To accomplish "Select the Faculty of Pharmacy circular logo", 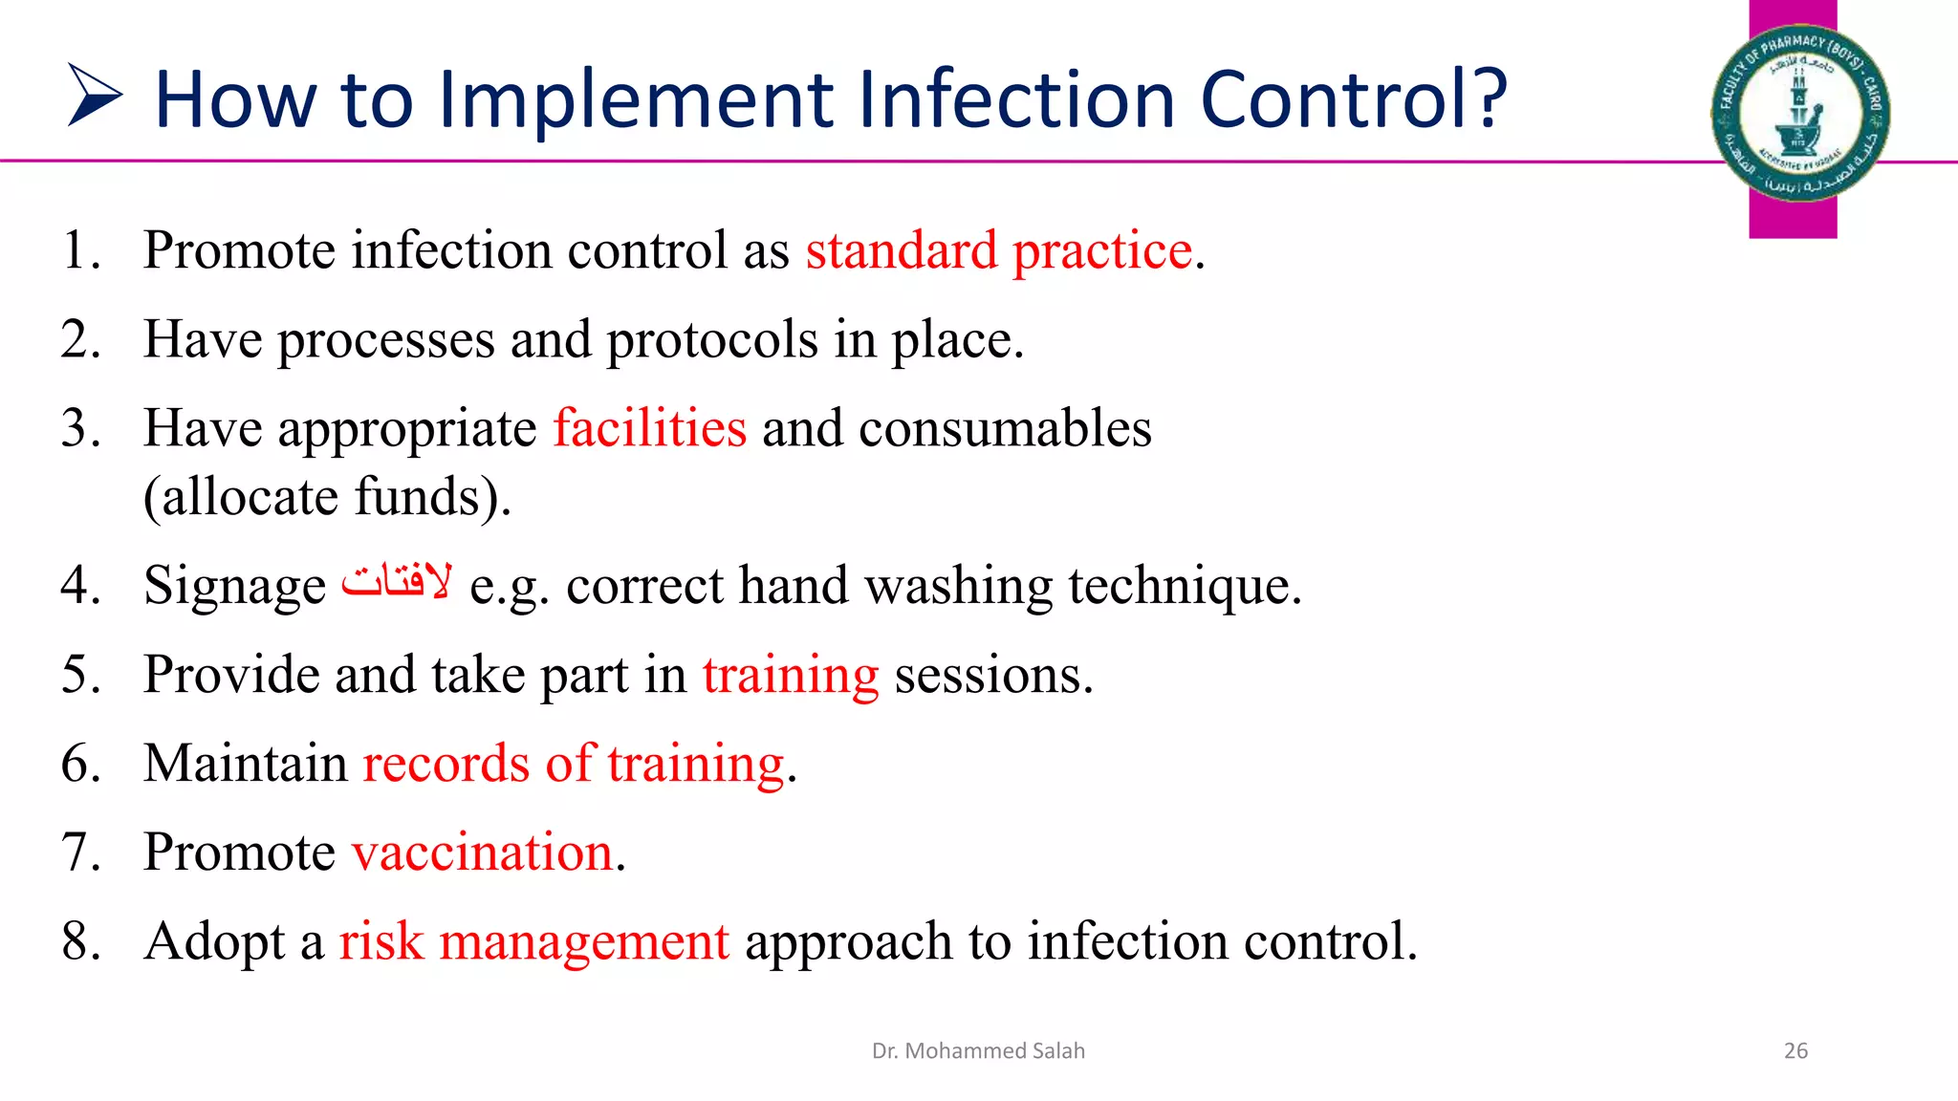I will pos(1799,113).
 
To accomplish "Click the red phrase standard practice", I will pos(999,250).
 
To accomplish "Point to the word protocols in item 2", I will pos(711,340).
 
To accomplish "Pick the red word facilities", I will pos(650,427).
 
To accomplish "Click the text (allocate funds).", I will pos(327,497).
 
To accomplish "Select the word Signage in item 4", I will pos(235,587).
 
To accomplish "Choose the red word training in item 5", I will pos(791,676).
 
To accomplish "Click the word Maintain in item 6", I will pos(246,764).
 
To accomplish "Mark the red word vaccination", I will pos(483,853).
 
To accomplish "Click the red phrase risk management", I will pos(533,941).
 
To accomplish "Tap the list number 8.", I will pos(80,941).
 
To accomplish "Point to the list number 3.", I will pos(80,427).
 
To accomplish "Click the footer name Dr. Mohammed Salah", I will pos(978,1051).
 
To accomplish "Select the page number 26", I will pos(1795,1051).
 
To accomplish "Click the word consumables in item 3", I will pos(1004,427).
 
